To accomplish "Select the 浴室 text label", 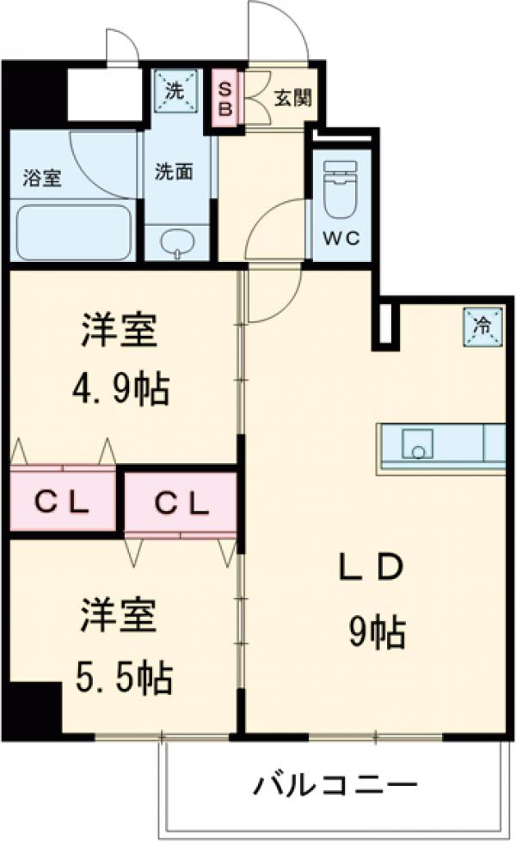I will click(x=41, y=180).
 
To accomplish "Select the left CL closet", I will click(x=62, y=503).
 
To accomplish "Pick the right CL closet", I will click(x=181, y=503).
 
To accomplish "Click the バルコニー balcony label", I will click(x=335, y=783).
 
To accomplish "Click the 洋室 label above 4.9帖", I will click(x=120, y=332).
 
